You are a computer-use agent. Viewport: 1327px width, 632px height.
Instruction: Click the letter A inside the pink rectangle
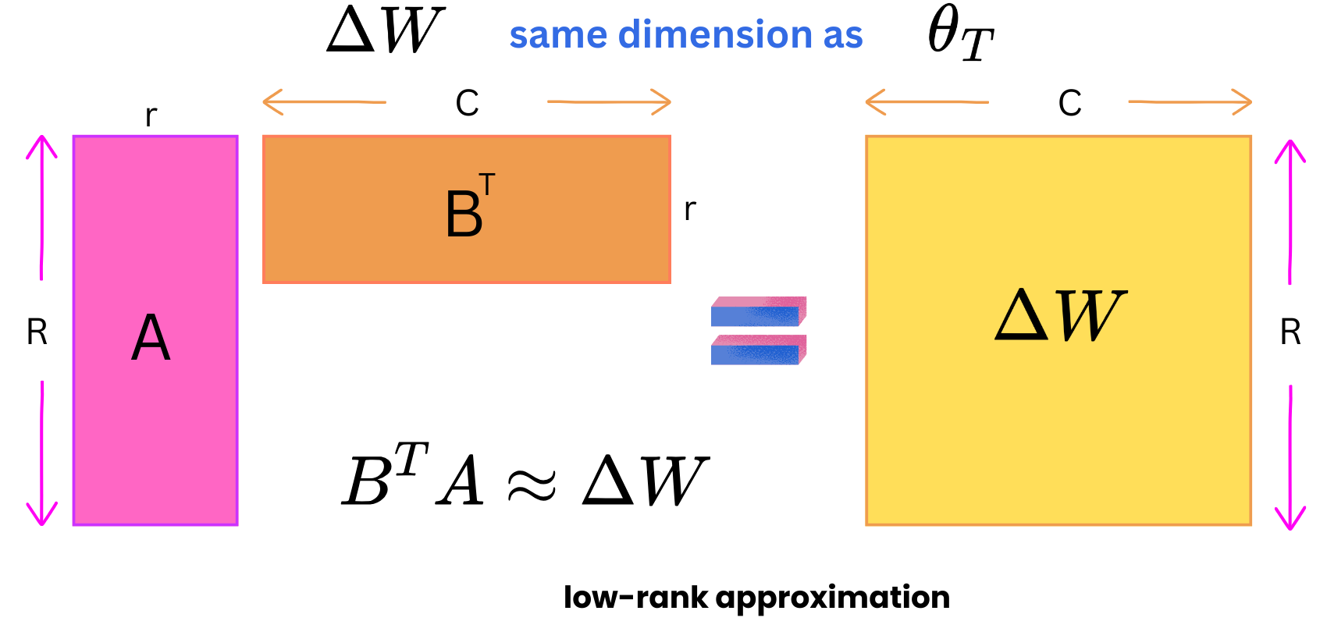[x=151, y=338]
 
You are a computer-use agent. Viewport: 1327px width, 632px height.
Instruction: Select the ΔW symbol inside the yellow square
[x=1060, y=315]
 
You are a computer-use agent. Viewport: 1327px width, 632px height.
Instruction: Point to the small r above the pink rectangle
[x=151, y=116]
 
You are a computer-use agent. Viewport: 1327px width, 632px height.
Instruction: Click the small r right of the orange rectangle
[x=689, y=209]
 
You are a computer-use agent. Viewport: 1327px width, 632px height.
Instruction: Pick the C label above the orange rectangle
[x=467, y=103]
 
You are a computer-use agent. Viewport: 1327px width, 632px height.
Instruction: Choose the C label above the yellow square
[x=1069, y=103]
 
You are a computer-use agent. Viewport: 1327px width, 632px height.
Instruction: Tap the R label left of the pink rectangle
[x=37, y=332]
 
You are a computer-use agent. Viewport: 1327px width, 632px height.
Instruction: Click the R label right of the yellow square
[x=1290, y=332]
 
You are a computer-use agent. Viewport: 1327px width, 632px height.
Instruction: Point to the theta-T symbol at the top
[x=959, y=35]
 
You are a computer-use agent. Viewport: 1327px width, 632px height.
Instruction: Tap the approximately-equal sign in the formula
[x=532, y=484]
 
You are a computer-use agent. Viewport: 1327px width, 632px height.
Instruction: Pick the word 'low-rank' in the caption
[x=635, y=598]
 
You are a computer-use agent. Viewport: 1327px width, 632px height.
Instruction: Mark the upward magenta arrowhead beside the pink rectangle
[x=41, y=147]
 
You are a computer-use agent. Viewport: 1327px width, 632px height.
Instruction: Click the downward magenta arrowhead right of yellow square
[x=1290, y=518]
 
